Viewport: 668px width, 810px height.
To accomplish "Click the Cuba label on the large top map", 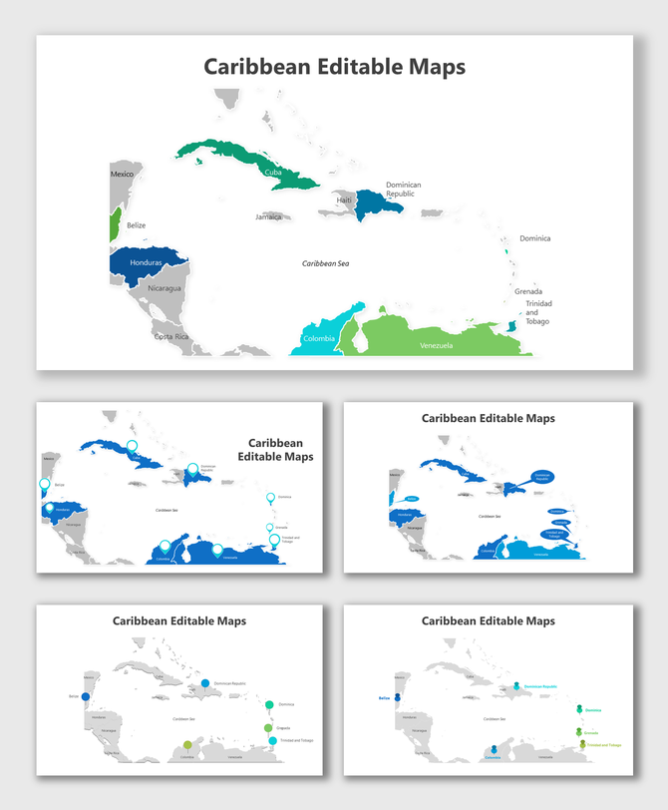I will click(x=273, y=172).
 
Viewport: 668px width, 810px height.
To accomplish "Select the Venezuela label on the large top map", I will click(x=436, y=345).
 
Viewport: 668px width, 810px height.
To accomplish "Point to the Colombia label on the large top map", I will click(x=319, y=338).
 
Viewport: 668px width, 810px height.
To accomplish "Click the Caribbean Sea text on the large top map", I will click(x=326, y=263).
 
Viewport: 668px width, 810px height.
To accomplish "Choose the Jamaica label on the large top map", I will click(x=268, y=216).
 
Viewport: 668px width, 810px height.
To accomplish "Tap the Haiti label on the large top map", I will click(x=344, y=201).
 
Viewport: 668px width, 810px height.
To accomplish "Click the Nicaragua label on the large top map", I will click(x=165, y=288).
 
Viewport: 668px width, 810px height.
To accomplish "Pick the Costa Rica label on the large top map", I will click(x=171, y=336).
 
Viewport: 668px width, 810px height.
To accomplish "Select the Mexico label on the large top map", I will click(x=122, y=175).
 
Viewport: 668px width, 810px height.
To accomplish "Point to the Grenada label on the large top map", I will click(x=528, y=291).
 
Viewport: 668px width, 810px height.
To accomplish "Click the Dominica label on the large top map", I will click(x=534, y=238).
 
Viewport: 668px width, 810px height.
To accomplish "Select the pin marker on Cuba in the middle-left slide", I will click(x=132, y=447).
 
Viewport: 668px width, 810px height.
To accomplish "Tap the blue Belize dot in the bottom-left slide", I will click(x=86, y=697).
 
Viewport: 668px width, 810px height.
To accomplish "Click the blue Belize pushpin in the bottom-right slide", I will click(x=397, y=696).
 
